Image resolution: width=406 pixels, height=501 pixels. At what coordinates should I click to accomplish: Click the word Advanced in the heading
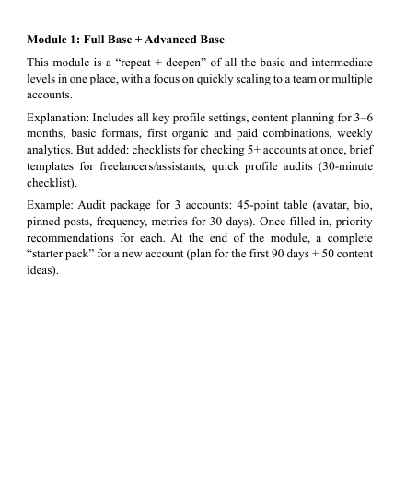click(x=162, y=40)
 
